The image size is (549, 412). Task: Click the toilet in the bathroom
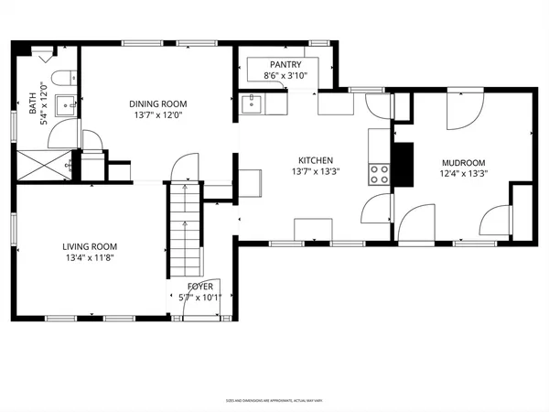coord(61,77)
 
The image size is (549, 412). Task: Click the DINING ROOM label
coord(157,103)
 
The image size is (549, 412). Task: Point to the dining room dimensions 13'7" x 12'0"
coord(157,116)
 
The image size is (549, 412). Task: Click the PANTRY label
coord(285,64)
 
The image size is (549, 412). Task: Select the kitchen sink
coord(253,104)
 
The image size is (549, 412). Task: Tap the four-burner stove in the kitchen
coord(378,172)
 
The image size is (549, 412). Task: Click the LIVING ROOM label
coord(89,245)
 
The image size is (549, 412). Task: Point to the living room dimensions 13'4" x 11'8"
coord(89,257)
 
